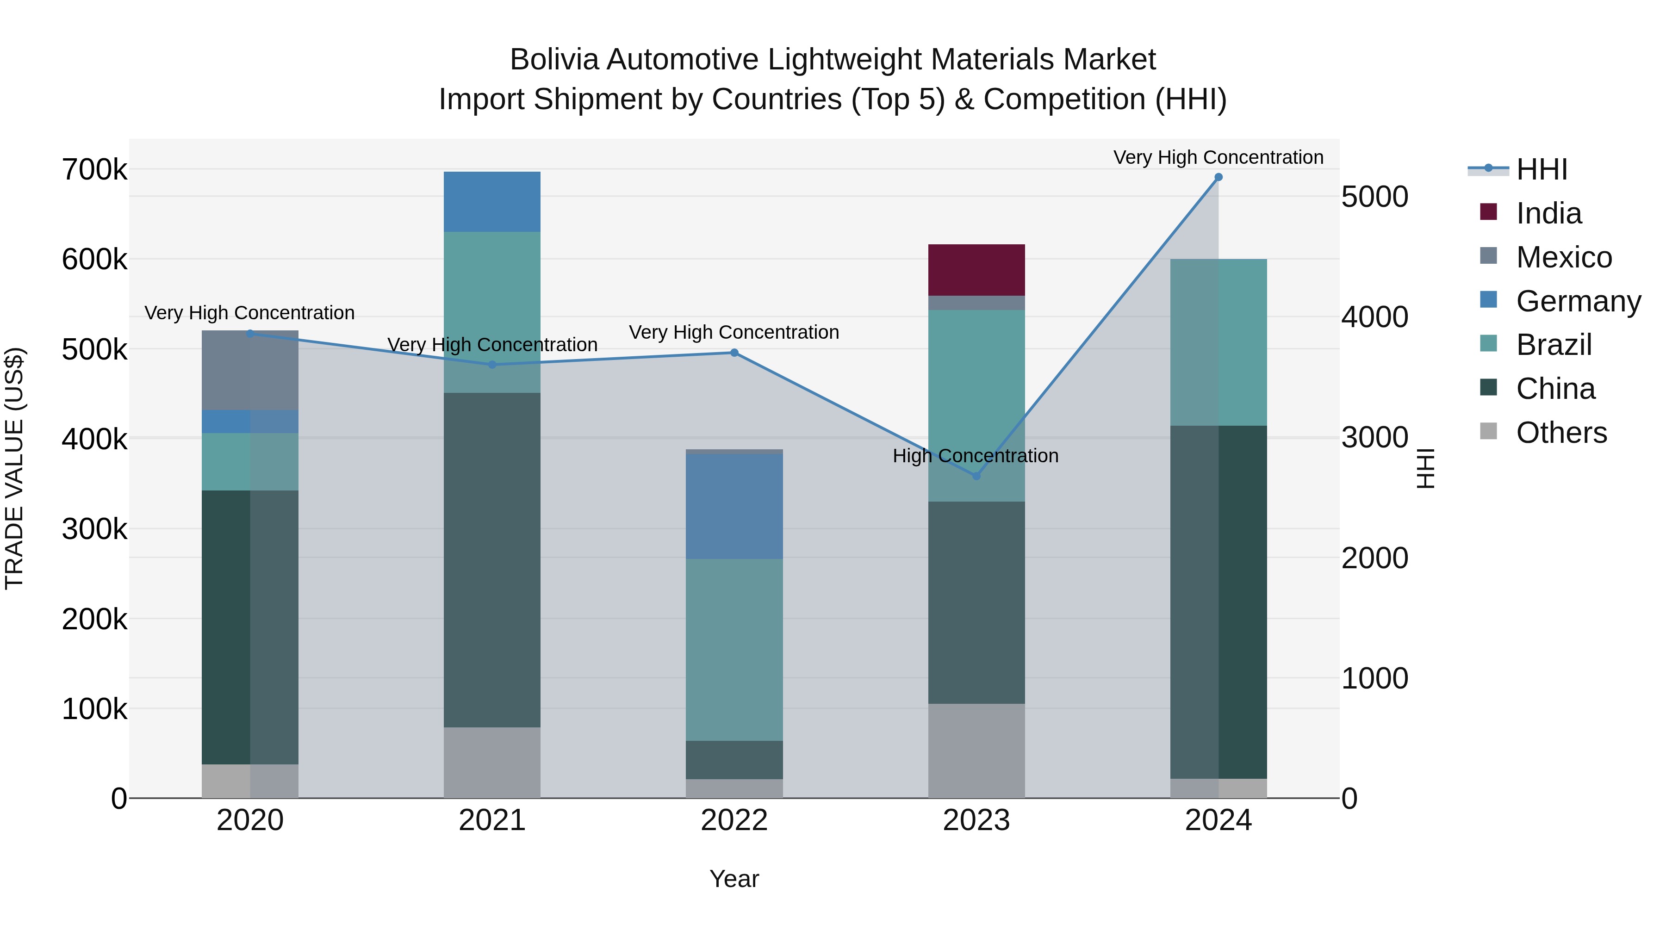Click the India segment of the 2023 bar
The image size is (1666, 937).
click(976, 270)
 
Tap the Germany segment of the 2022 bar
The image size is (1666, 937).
click(734, 506)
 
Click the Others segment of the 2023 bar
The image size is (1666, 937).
click(976, 750)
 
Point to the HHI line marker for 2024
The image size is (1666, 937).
click(1218, 177)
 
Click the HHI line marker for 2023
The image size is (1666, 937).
click(976, 476)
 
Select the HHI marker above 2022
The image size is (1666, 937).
click(734, 353)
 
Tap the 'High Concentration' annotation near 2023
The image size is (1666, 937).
click(975, 456)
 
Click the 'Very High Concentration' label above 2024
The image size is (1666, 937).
click(1218, 158)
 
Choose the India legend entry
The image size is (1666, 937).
click(1548, 213)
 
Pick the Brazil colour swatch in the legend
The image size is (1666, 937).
click(1488, 344)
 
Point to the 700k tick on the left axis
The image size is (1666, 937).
click(94, 170)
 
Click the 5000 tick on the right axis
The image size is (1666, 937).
click(1374, 197)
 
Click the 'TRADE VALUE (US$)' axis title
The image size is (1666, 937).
click(14, 468)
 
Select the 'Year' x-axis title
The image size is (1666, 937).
click(734, 879)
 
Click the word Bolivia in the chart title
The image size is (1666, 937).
click(554, 60)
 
